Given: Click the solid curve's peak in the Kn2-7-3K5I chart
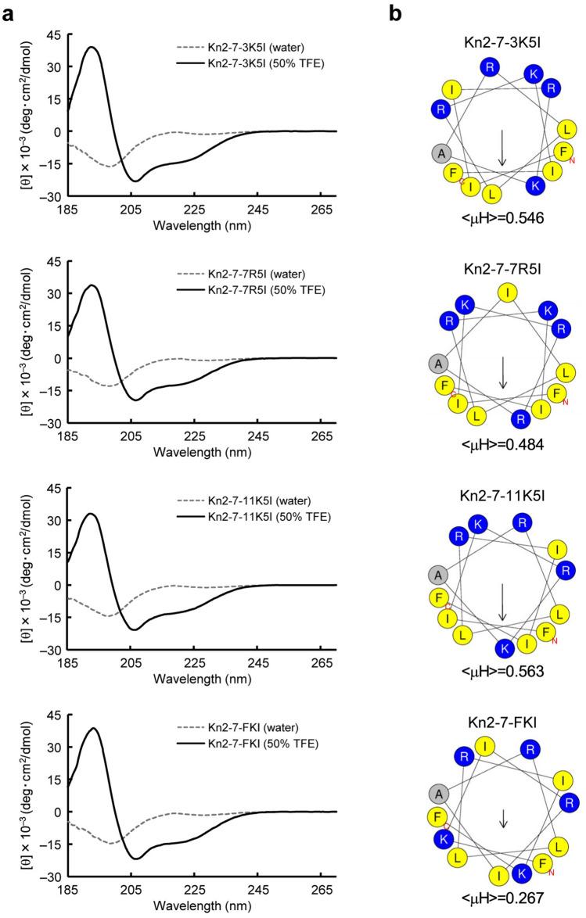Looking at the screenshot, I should (92, 47).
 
